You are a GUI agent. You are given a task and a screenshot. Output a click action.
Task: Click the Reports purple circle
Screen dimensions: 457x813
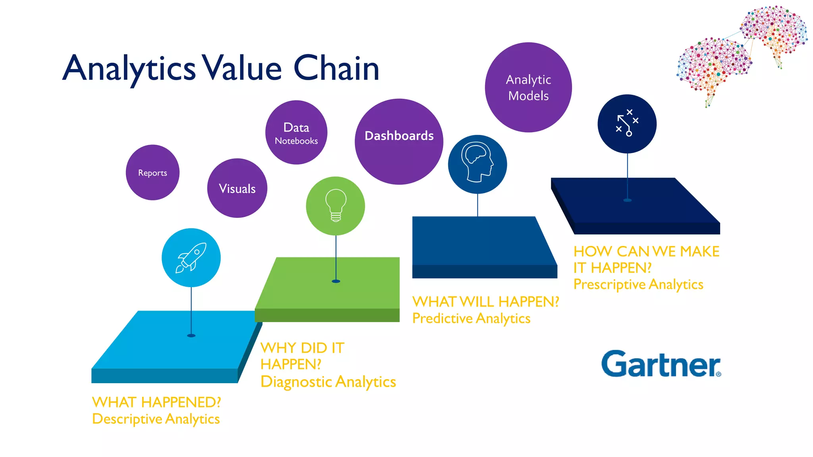pos(152,173)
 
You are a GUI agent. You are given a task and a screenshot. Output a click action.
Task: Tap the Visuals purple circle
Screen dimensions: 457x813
pos(237,188)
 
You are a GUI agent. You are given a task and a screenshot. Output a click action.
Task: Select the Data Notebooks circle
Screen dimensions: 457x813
pos(296,132)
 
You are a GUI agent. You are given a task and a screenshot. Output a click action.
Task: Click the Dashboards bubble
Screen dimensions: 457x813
pos(399,142)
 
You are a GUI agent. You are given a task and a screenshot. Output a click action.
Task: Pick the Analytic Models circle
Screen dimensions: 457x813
pos(528,88)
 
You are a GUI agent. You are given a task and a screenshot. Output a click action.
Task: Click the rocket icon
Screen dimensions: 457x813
pos(191,258)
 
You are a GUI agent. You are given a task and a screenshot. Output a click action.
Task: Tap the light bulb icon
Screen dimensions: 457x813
pos(335,205)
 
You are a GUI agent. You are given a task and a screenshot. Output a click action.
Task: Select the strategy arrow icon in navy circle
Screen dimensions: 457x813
pos(627,123)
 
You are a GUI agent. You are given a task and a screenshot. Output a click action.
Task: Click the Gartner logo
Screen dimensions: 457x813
pos(661,364)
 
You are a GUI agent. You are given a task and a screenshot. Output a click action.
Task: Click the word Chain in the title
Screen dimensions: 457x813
pos(336,68)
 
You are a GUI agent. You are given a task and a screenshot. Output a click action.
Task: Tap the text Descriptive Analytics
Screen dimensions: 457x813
pos(156,419)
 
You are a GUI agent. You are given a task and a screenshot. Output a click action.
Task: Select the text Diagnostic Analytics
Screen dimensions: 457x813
pos(328,382)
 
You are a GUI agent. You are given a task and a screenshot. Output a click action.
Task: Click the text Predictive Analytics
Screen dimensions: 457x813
pos(471,318)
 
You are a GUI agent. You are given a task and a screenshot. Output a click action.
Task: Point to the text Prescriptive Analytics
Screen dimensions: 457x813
pos(638,284)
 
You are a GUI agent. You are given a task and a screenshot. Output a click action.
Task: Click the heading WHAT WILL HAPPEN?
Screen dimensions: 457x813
pos(485,301)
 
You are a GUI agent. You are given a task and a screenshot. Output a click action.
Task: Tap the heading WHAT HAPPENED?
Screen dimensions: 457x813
pos(156,402)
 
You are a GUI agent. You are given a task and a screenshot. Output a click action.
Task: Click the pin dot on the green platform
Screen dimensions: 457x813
pos(336,281)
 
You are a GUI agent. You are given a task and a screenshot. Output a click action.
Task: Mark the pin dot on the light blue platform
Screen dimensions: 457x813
pos(191,336)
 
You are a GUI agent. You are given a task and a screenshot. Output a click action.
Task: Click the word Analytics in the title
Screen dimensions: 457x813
pos(129,68)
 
